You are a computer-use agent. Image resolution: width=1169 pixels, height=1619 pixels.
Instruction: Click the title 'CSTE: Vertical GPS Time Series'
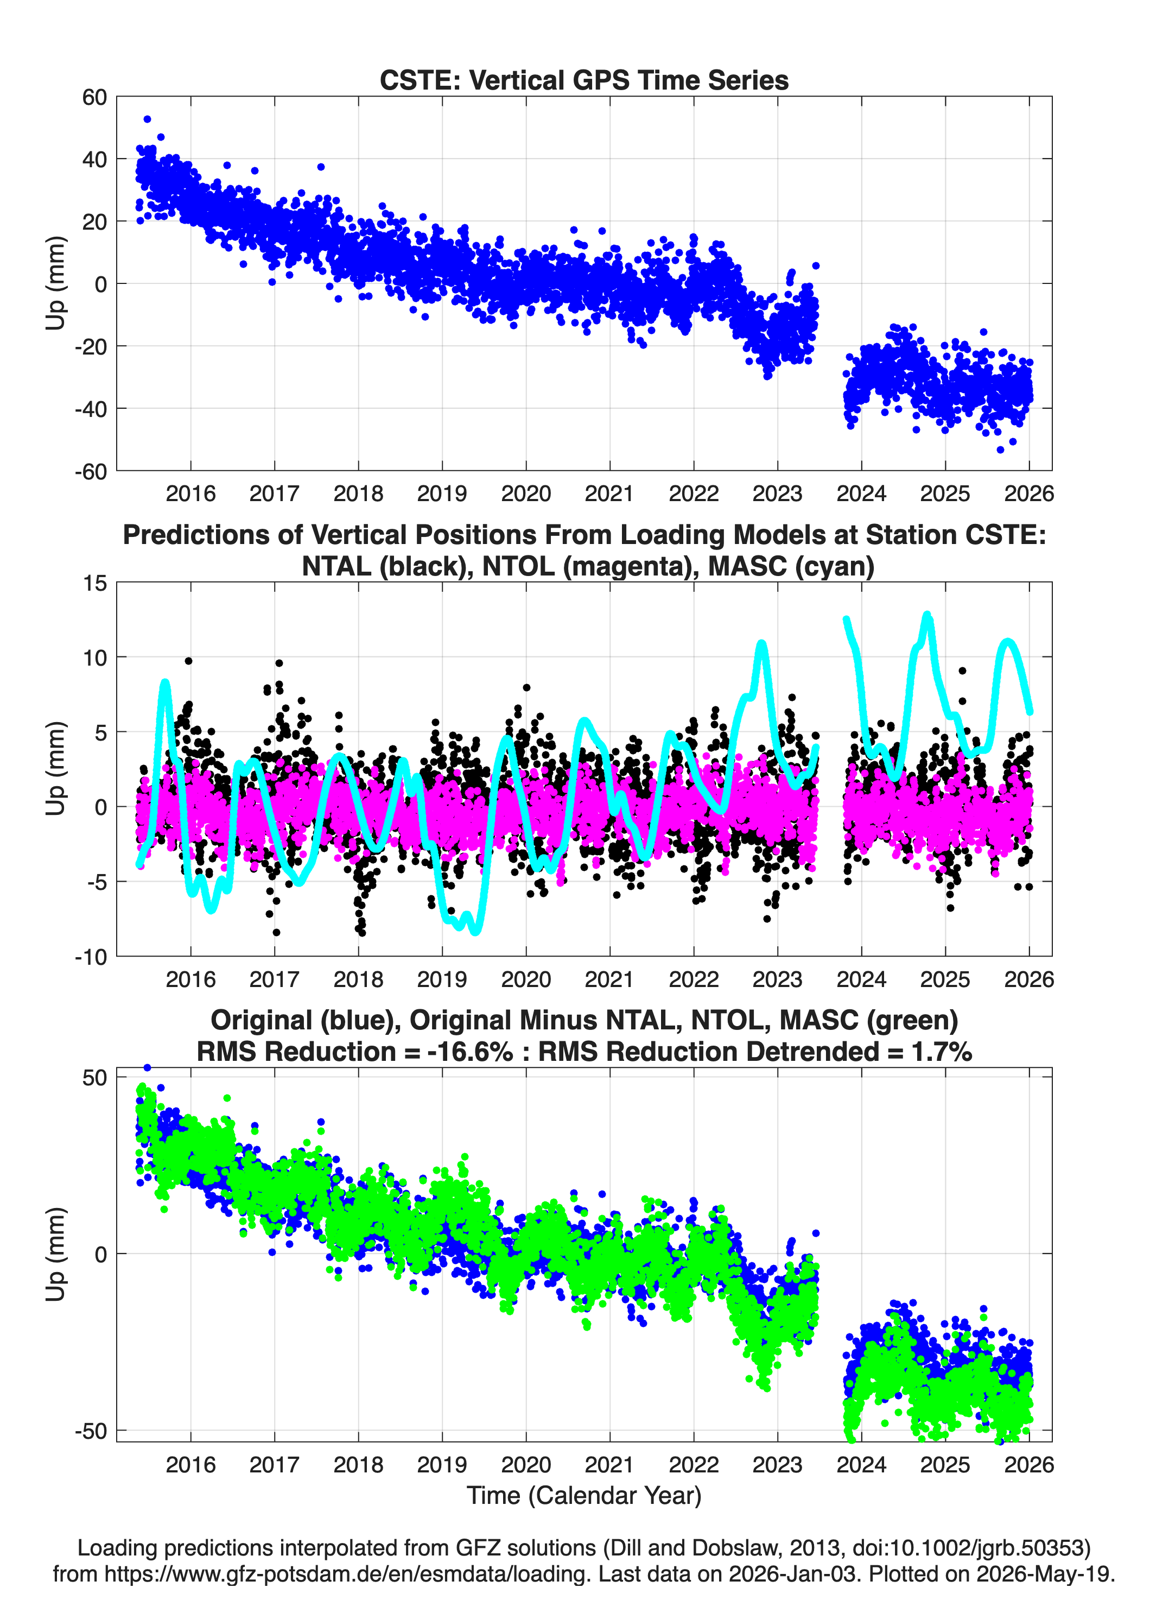pos(584,80)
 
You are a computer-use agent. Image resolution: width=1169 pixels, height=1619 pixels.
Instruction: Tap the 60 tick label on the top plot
pos(94,97)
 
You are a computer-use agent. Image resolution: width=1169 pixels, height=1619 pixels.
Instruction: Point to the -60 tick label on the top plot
pos(90,471)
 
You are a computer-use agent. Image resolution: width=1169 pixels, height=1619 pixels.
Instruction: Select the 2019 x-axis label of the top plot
pos(442,494)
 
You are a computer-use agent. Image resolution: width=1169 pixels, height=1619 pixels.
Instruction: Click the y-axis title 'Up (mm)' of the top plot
pos(56,283)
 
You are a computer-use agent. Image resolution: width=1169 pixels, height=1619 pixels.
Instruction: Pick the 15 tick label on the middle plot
pos(95,583)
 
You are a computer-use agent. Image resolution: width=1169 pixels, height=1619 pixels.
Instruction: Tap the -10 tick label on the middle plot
pos(91,957)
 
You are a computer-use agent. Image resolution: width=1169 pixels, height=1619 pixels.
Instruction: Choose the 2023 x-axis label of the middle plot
pos(777,979)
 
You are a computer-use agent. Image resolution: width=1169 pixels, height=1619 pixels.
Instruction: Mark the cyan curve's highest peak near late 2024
pos(927,615)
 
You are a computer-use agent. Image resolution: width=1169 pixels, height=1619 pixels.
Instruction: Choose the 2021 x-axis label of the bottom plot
pos(609,1465)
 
